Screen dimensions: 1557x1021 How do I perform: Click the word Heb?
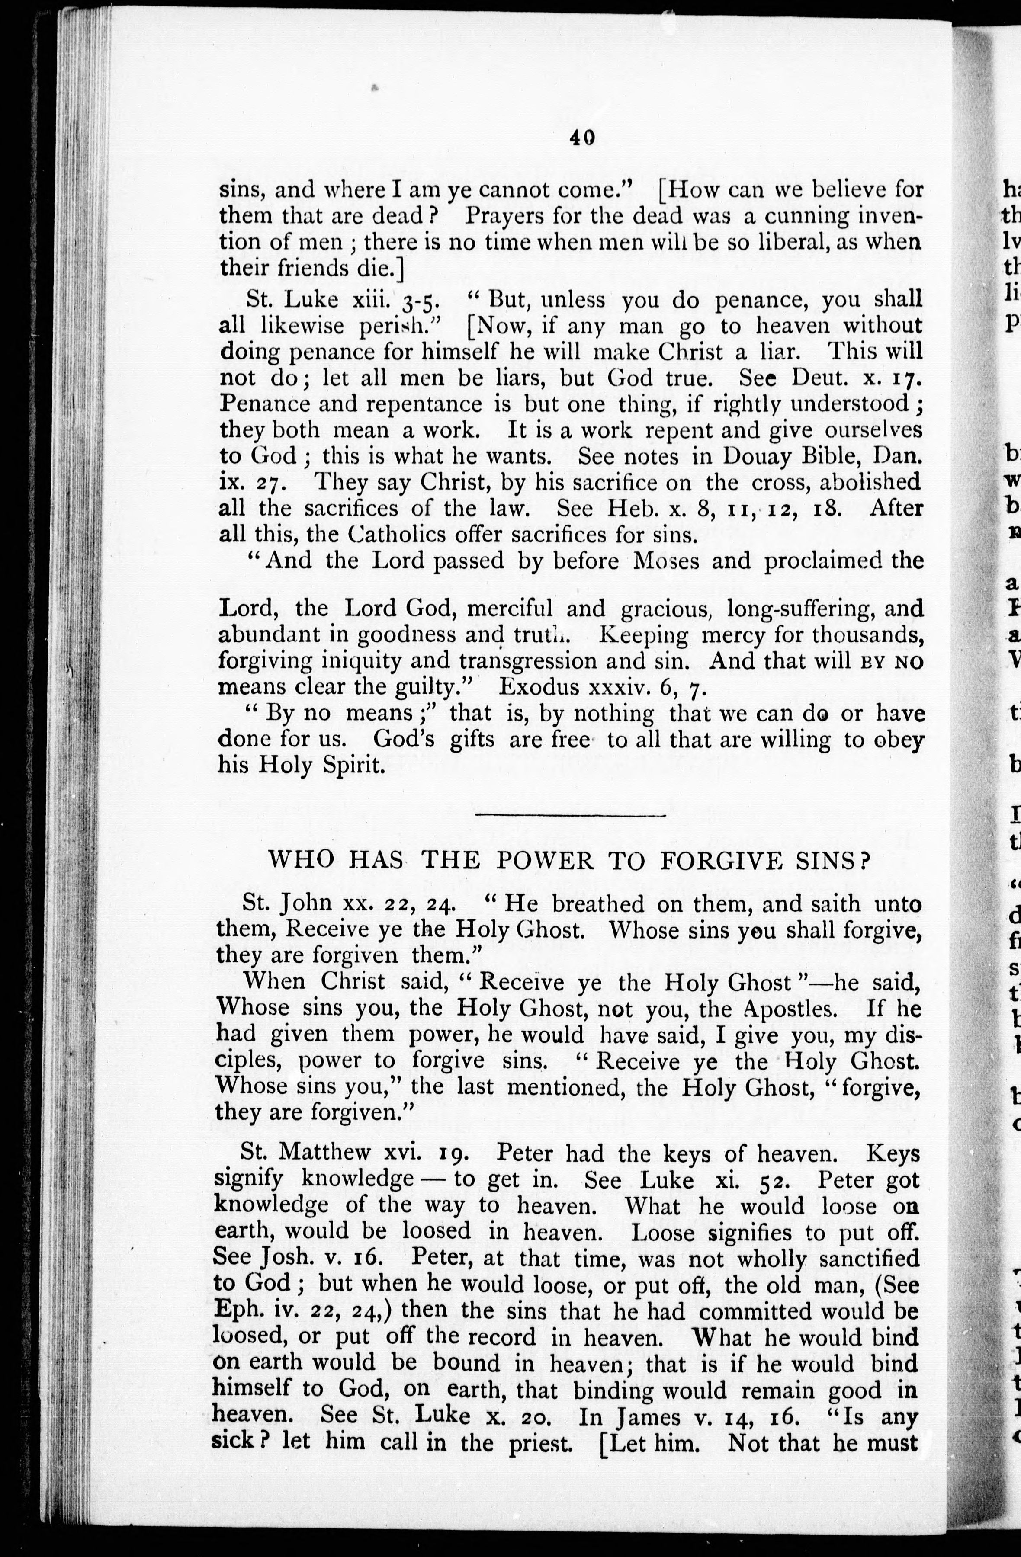(612, 508)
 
